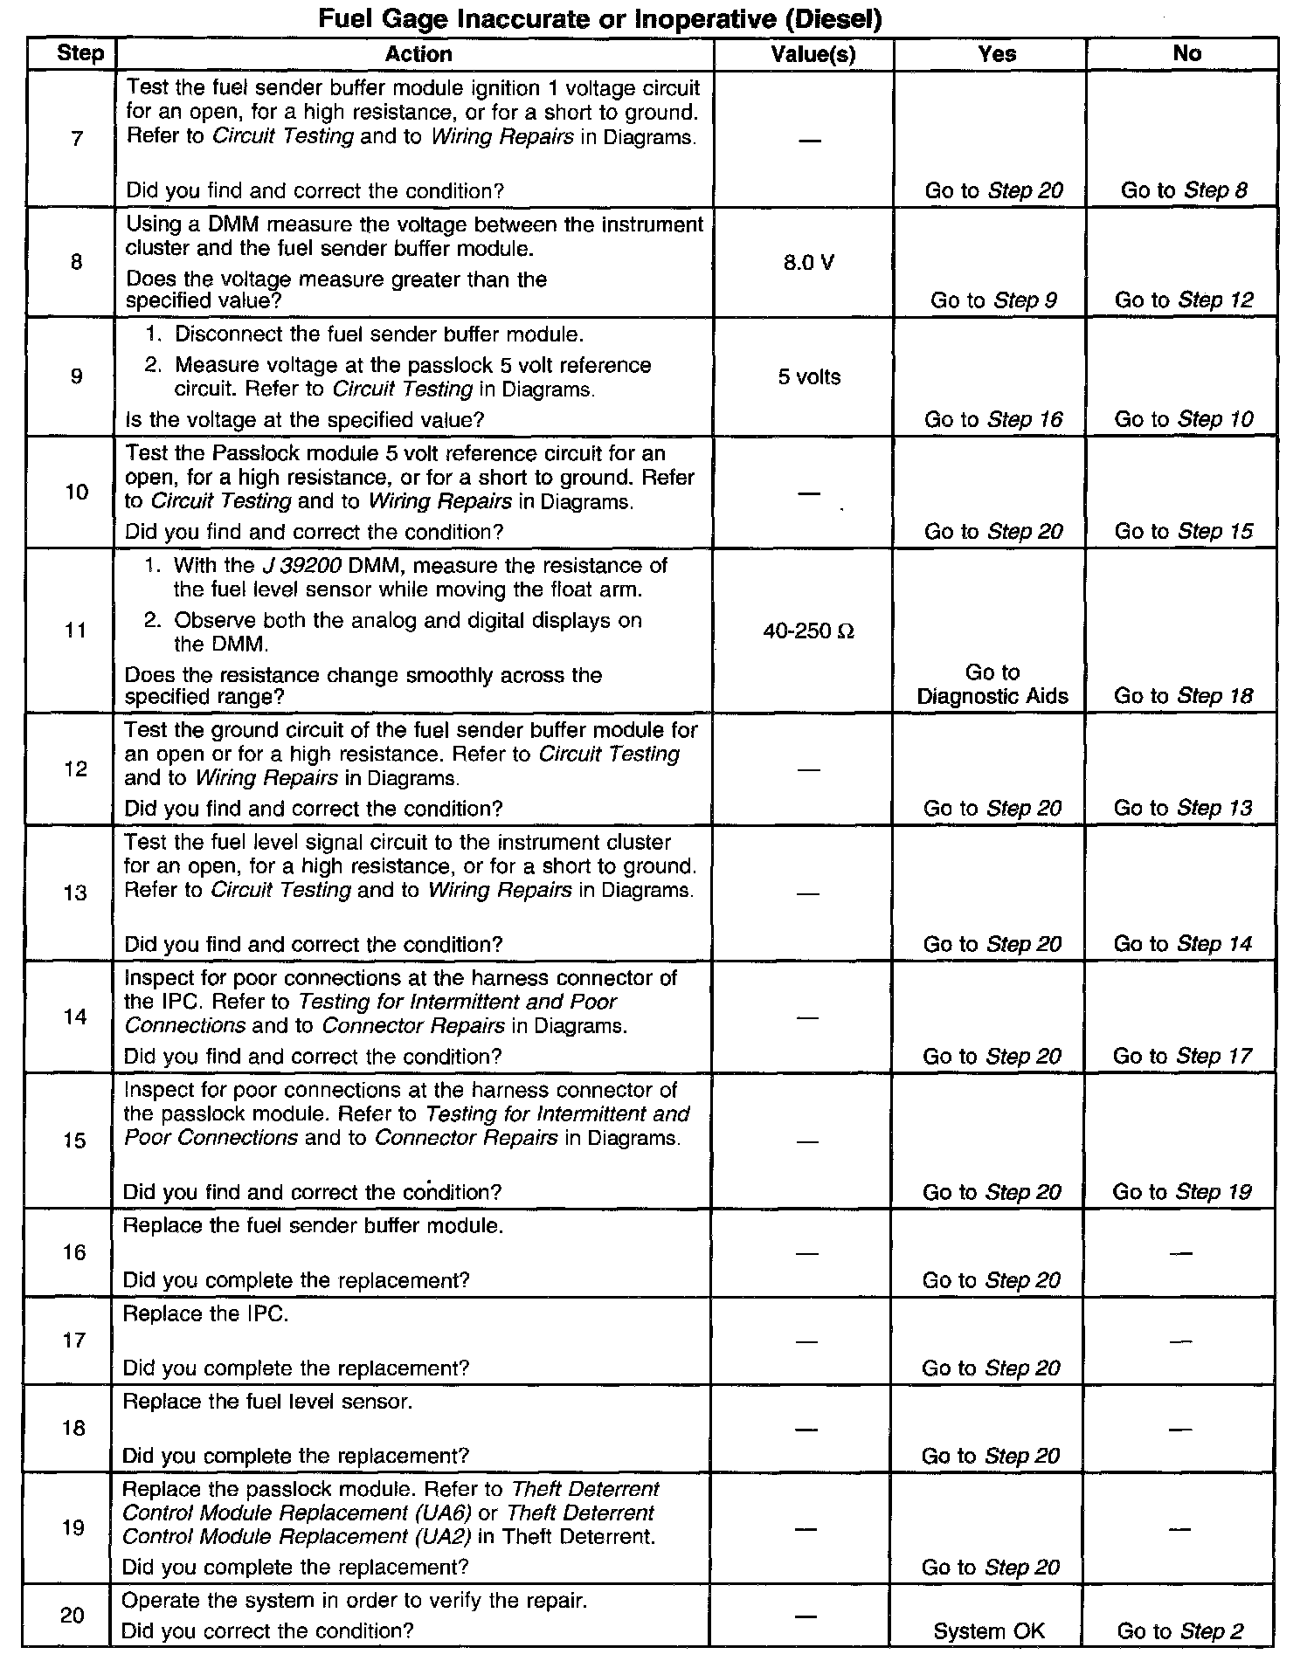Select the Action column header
(418, 54)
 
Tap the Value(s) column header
(813, 54)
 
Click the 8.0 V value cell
(808, 263)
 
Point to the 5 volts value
(809, 377)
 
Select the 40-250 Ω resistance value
(808, 631)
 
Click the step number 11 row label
(77, 631)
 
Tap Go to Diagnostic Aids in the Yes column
(992, 684)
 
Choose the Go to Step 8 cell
(1184, 190)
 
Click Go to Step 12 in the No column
(1184, 300)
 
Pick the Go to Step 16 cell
(993, 420)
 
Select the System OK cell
(989, 1630)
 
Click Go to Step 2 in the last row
(1179, 1630)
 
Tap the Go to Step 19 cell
(1182, 1192)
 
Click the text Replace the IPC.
(205, 1314)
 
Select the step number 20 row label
(73, 1616)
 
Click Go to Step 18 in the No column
(1184, 696)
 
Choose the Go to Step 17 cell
(1182, 1057)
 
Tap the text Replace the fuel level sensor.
(266, 1402)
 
